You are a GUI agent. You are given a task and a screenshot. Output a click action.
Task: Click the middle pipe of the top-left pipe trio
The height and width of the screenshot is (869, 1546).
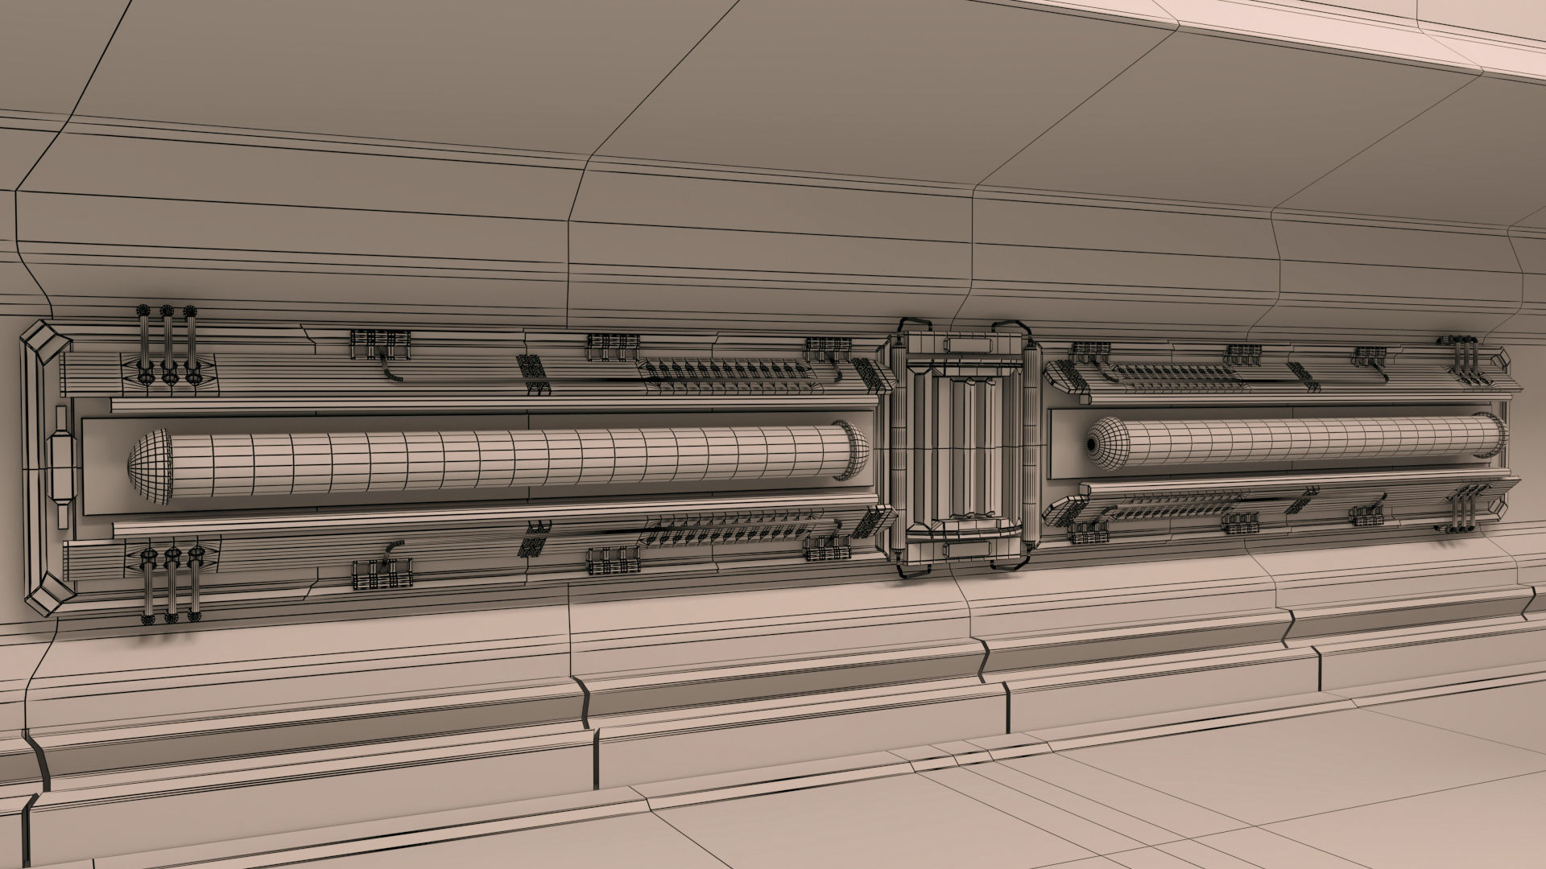point(167,346)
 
